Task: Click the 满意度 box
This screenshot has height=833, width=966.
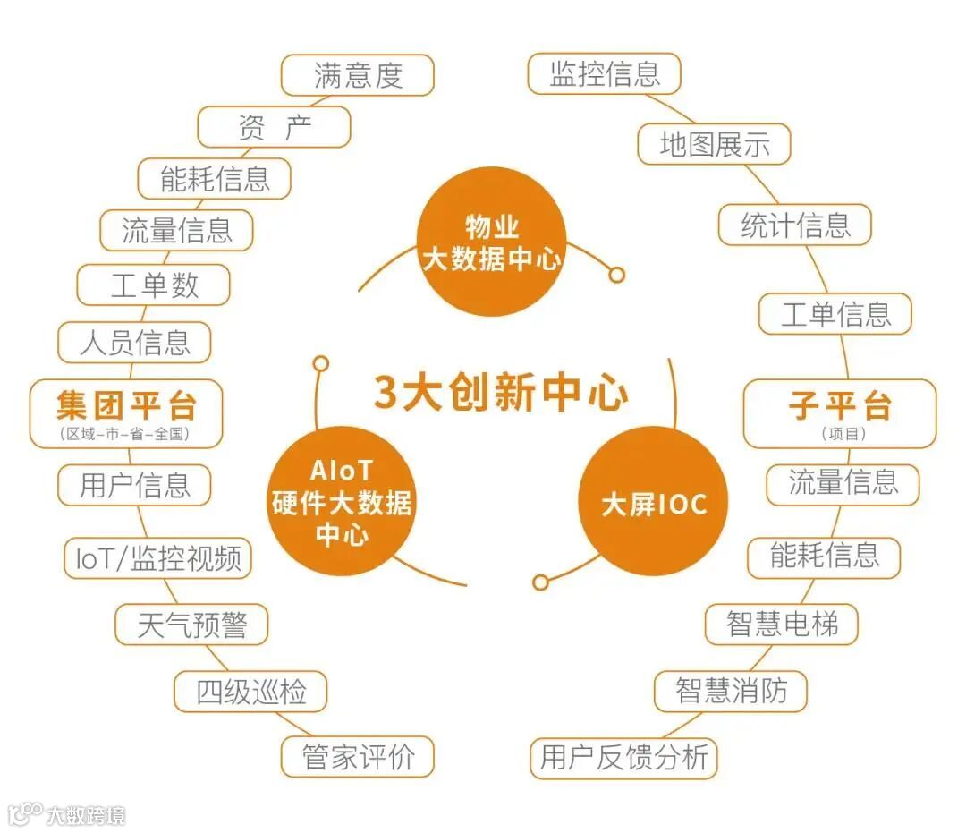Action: pos(358,75)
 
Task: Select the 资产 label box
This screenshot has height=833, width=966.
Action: pos(274,127)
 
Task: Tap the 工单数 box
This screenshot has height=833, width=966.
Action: pos(154,285)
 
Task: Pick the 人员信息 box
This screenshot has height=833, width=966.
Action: pos(134,342)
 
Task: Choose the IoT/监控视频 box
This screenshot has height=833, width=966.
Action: pos(158,558)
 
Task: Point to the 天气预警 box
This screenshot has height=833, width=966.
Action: pos(191,624)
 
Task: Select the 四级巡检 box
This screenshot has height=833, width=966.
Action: pos(250,692)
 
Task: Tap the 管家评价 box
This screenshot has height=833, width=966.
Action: pos(358,757)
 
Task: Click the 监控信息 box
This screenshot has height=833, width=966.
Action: pos(605,74)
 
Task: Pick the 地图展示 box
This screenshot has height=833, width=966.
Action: pos(714,144)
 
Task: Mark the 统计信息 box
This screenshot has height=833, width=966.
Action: pos(794,225)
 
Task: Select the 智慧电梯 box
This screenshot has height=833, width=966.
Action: pos(782,624)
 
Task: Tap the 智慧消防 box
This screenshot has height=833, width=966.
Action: pos(731,691)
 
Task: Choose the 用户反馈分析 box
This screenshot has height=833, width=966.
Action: pos(624,757)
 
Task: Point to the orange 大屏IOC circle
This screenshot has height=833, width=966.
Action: pos(653,504)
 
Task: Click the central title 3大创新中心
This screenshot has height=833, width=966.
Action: pos(500,393)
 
